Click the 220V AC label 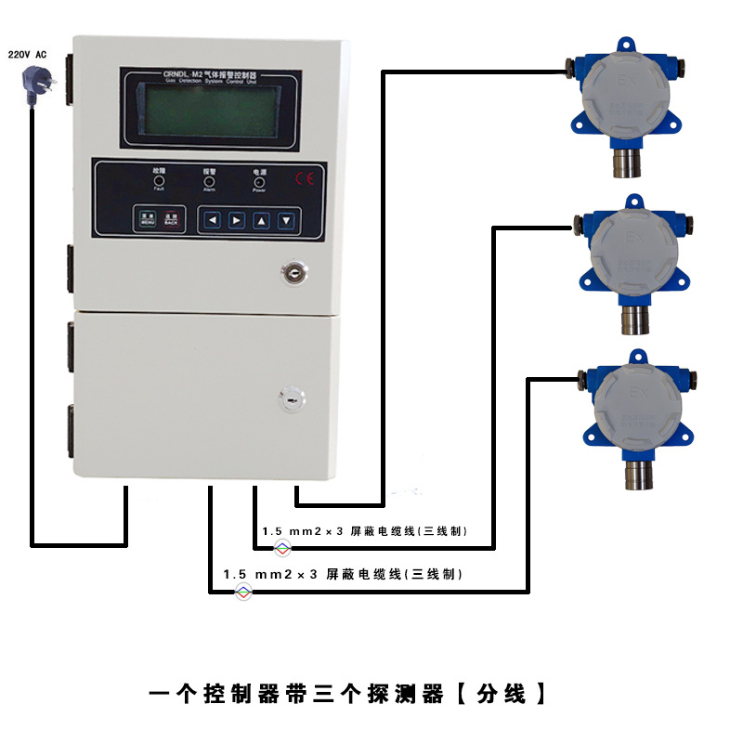click(27, 55)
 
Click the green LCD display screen click(208, 113)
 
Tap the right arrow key click(238, 220)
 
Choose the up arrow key click(262, 220)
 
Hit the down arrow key click(287, 220)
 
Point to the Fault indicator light click(159, 181)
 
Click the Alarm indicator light click(209, 181)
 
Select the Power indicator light click(259, 181)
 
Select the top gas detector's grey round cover click(619, 97)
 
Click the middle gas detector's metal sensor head click(632, 319)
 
